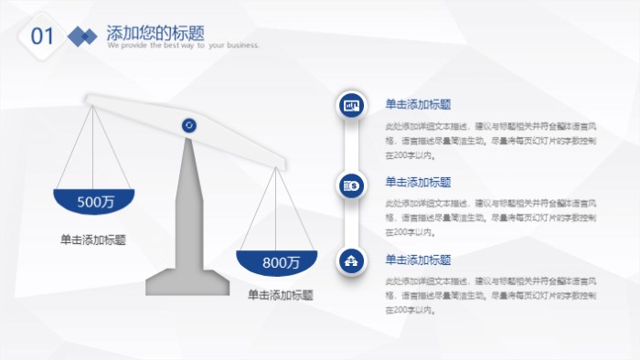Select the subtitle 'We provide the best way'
[183, 45]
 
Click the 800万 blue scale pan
[277, 262]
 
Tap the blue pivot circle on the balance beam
[189, 125]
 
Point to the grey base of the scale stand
[188, 283]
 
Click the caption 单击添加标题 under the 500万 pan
[93, 239]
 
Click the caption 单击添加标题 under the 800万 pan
[281, 295]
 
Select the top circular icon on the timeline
[352, 106]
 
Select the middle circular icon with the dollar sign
[352, 185]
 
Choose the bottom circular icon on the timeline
[352, 262]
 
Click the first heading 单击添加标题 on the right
[418, 104]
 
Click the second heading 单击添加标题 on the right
[418, 182]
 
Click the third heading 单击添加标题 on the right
[418, 259]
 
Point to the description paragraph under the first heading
[491, 141]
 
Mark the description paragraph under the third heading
[491, 295]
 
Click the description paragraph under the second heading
[491, 217]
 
